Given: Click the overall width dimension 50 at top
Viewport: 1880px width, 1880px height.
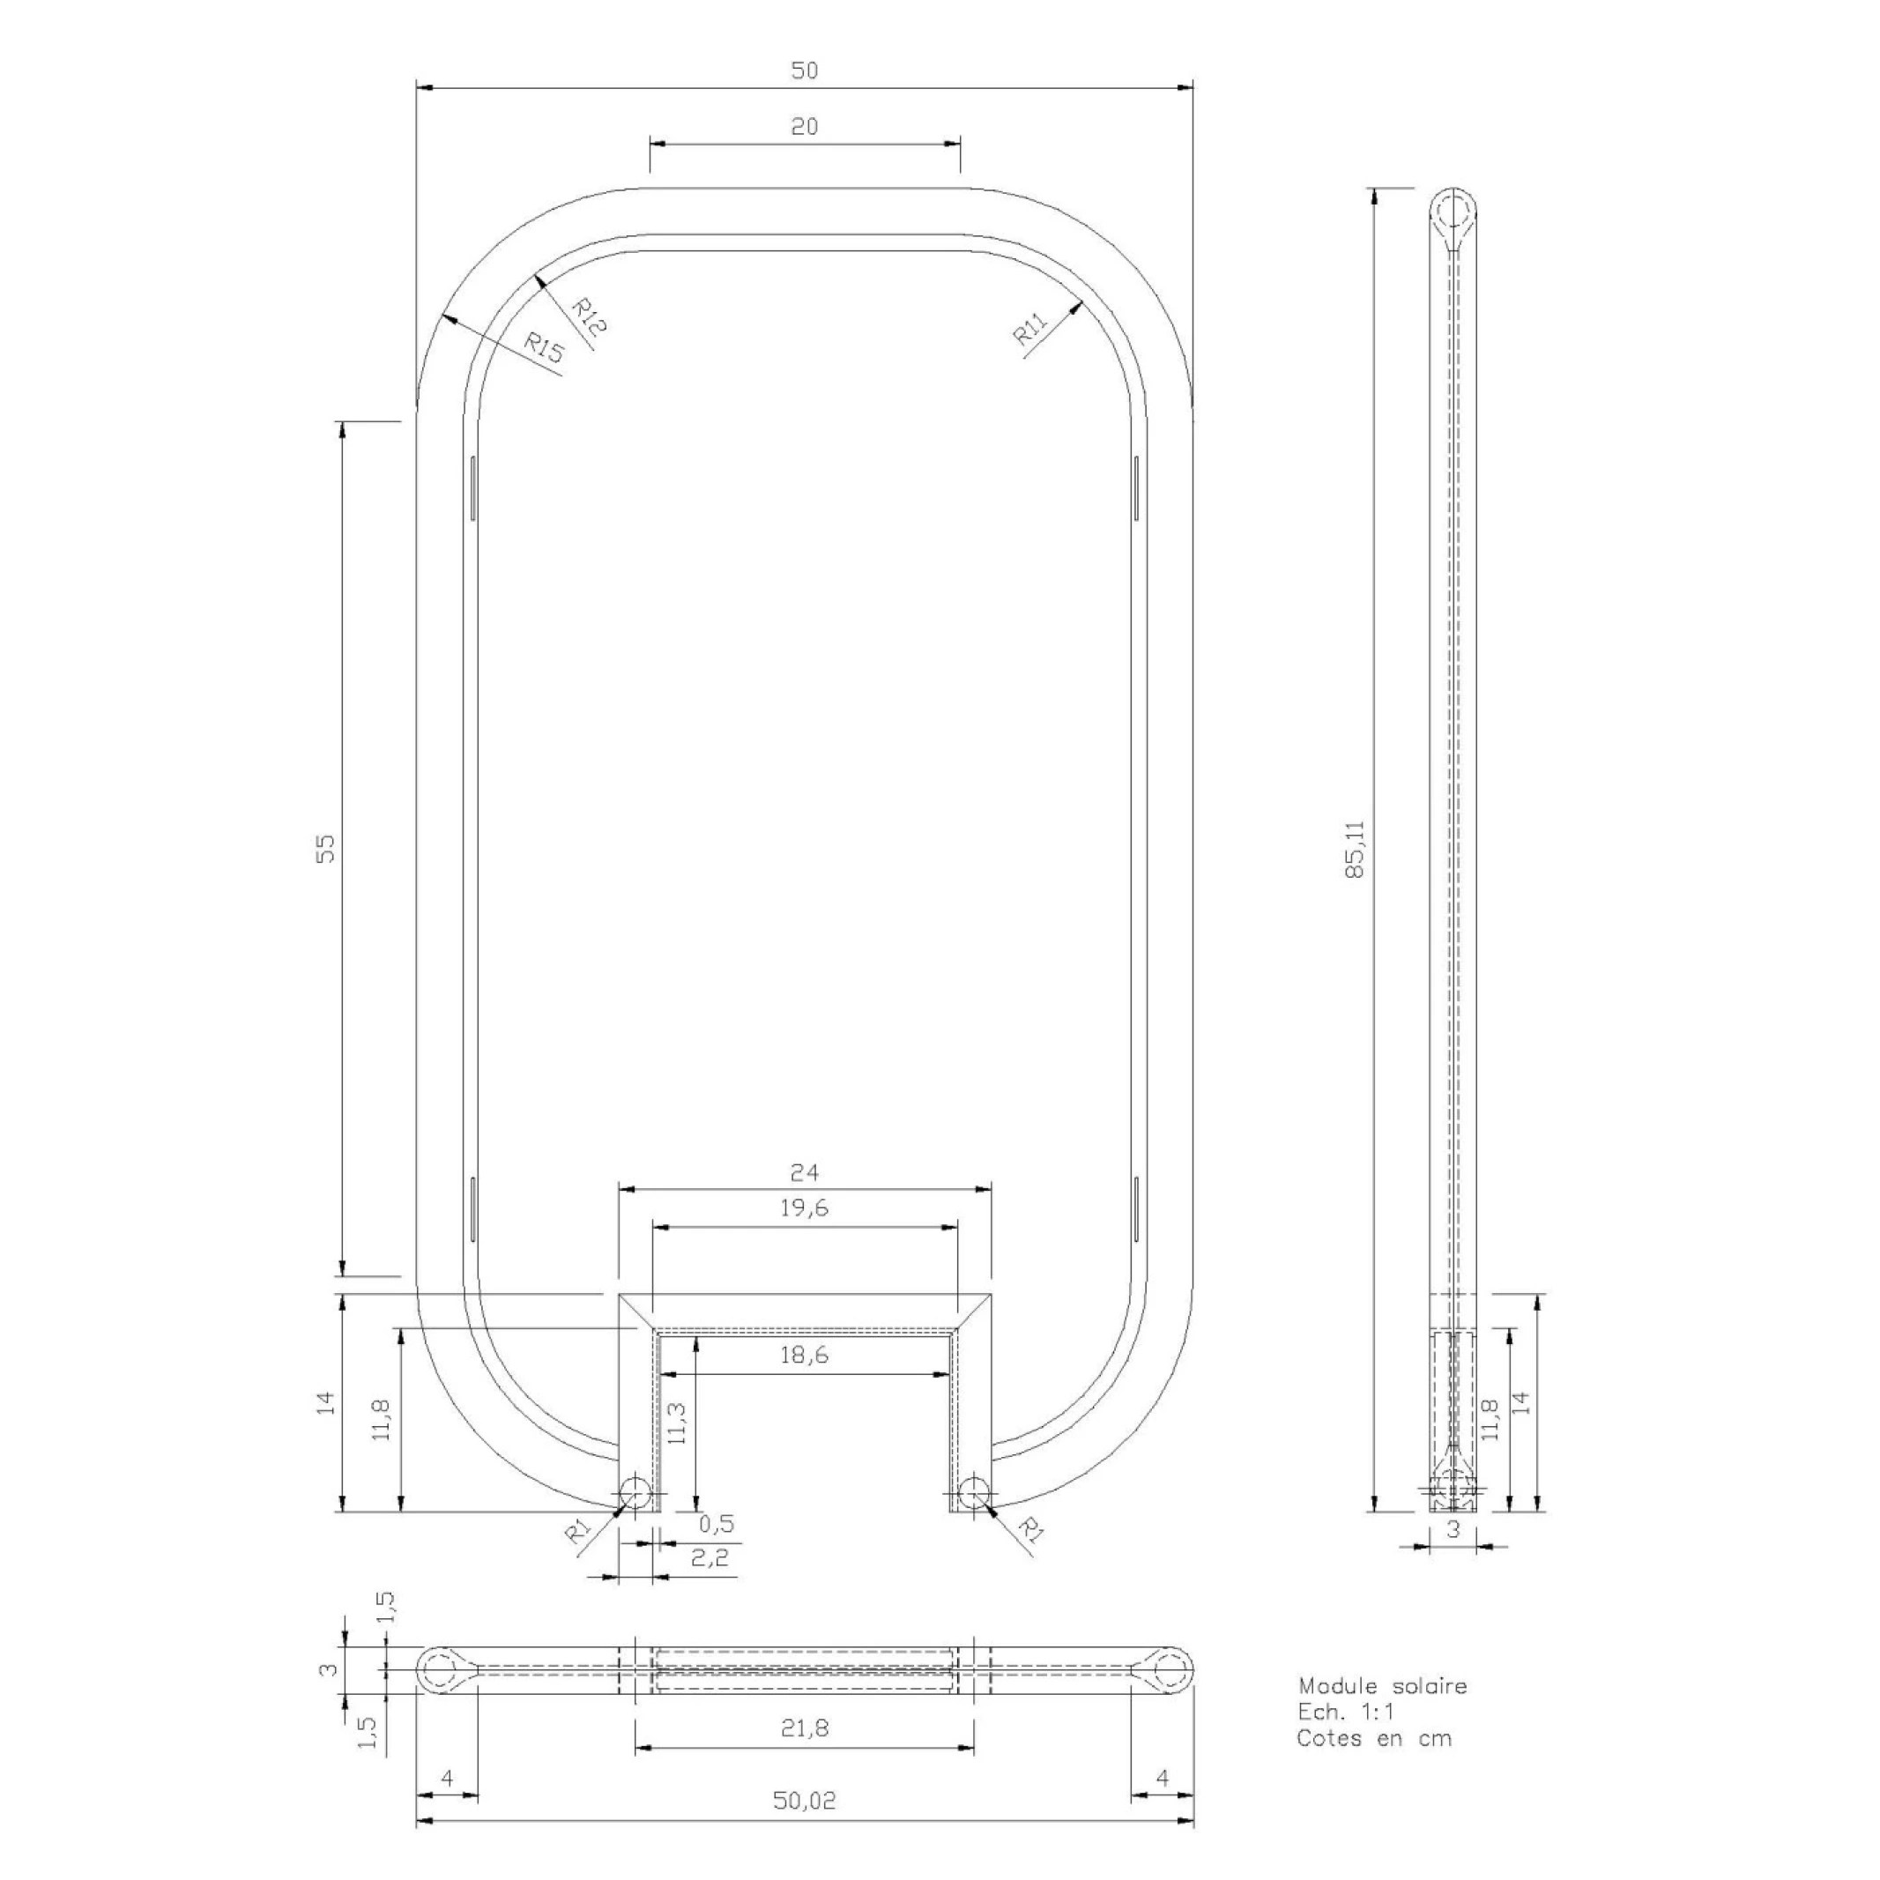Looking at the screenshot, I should [804, 70].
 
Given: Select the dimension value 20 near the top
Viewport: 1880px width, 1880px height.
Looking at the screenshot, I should [804, 127].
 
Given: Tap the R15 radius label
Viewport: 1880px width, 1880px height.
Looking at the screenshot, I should [544, 347].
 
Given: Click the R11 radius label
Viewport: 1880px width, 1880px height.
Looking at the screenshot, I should [1029, 331].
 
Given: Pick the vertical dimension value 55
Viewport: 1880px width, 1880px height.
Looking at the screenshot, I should [327, 848].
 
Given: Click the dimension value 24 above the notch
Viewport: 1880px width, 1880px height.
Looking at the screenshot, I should [804, 1171].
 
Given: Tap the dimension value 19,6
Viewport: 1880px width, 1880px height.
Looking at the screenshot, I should [804, 1208].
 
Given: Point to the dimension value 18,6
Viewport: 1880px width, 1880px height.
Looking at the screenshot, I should [804, 1355].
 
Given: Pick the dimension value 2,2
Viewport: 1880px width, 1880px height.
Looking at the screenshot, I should [710, 1558].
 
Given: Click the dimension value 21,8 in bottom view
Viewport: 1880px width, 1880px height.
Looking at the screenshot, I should [804, 1728].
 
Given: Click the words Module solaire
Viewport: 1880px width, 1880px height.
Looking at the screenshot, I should [1382, 1686].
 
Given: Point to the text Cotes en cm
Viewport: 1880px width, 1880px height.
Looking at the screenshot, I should [1373, 1738].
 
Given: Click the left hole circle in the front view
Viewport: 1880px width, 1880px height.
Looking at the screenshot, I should [635, 1491].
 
